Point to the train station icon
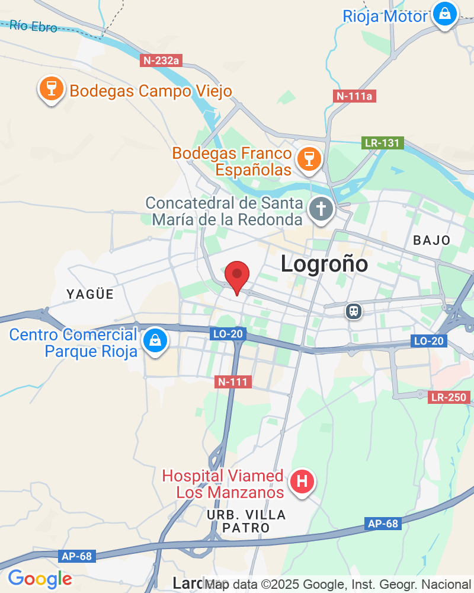pyautogui.click(x=354, y=311)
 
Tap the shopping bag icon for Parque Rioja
pyautogui.click(x=155, y=340)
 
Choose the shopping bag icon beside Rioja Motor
pyautogui.click(x=443, y=13)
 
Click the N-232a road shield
pyautogui.click(x=161, y=60)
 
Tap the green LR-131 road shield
pyautogui.click(x=383, y=143)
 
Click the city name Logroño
pyautogui.click(x=324, y=264)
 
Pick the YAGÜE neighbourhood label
pyautogui.click(x=89, y=294)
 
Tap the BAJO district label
pyautogui.click(x=432, y=240)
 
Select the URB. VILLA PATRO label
pyautogui.click(x=246, y=521)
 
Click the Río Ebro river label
pyautogui.click(x=34, y=26)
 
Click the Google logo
pyautogui.click(x=40, y=578)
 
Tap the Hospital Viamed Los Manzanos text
pyautogui.click(x=223, y=484)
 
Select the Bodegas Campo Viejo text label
pyautogui.click(x=150, y=91)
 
